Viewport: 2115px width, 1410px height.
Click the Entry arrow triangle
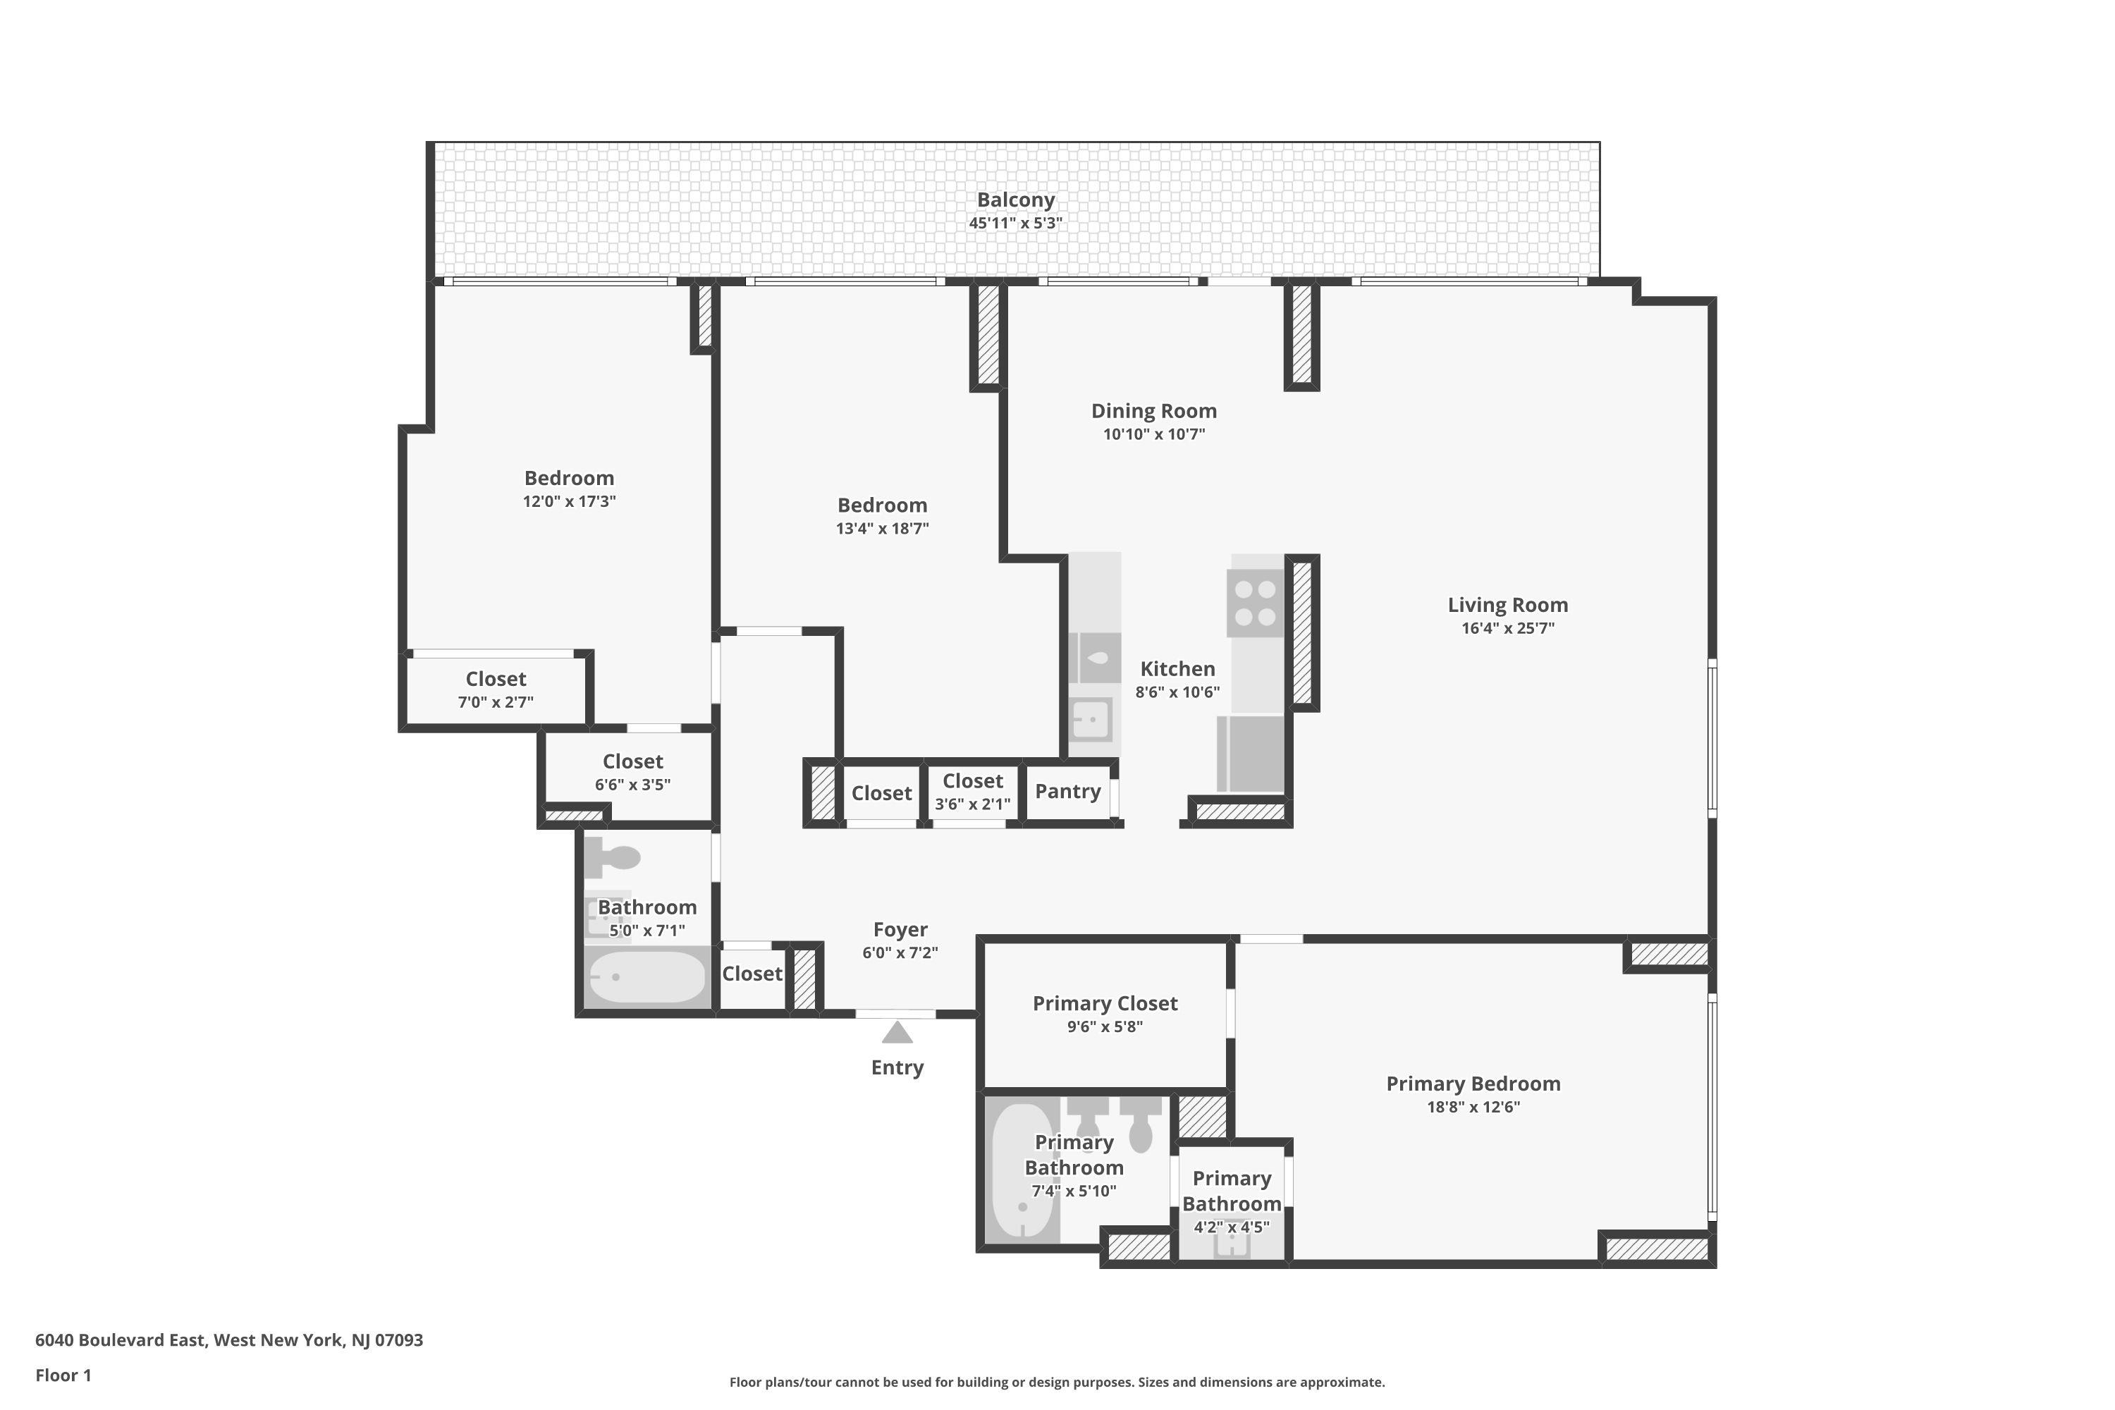click(x=897, y=1034)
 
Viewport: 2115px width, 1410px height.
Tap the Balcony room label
click(x=1015, y=200)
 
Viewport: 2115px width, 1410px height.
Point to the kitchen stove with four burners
click(x=1256, y=603)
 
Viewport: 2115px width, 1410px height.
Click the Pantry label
click(x=1067, y=791)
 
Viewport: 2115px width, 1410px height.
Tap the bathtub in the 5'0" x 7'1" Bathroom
click(x=646, y=976)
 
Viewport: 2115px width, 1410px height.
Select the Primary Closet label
click(x=1104, y=1003)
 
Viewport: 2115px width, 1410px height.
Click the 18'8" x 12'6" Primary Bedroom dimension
click(x=1473, y=1107)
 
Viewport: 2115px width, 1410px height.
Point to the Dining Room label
click(x=1153, y=411)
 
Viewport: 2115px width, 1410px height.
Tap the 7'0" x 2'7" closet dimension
click(x=496, y=702)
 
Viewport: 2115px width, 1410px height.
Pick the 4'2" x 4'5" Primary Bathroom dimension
click(x=1231, y=1227)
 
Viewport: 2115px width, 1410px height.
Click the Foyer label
click(x=900, y=930)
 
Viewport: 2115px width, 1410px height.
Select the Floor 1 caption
click(x=63, y=1375)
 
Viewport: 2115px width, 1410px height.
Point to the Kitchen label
click(x=1177, y=669)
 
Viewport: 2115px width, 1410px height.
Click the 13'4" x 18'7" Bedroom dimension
click(x=882, y=529)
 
